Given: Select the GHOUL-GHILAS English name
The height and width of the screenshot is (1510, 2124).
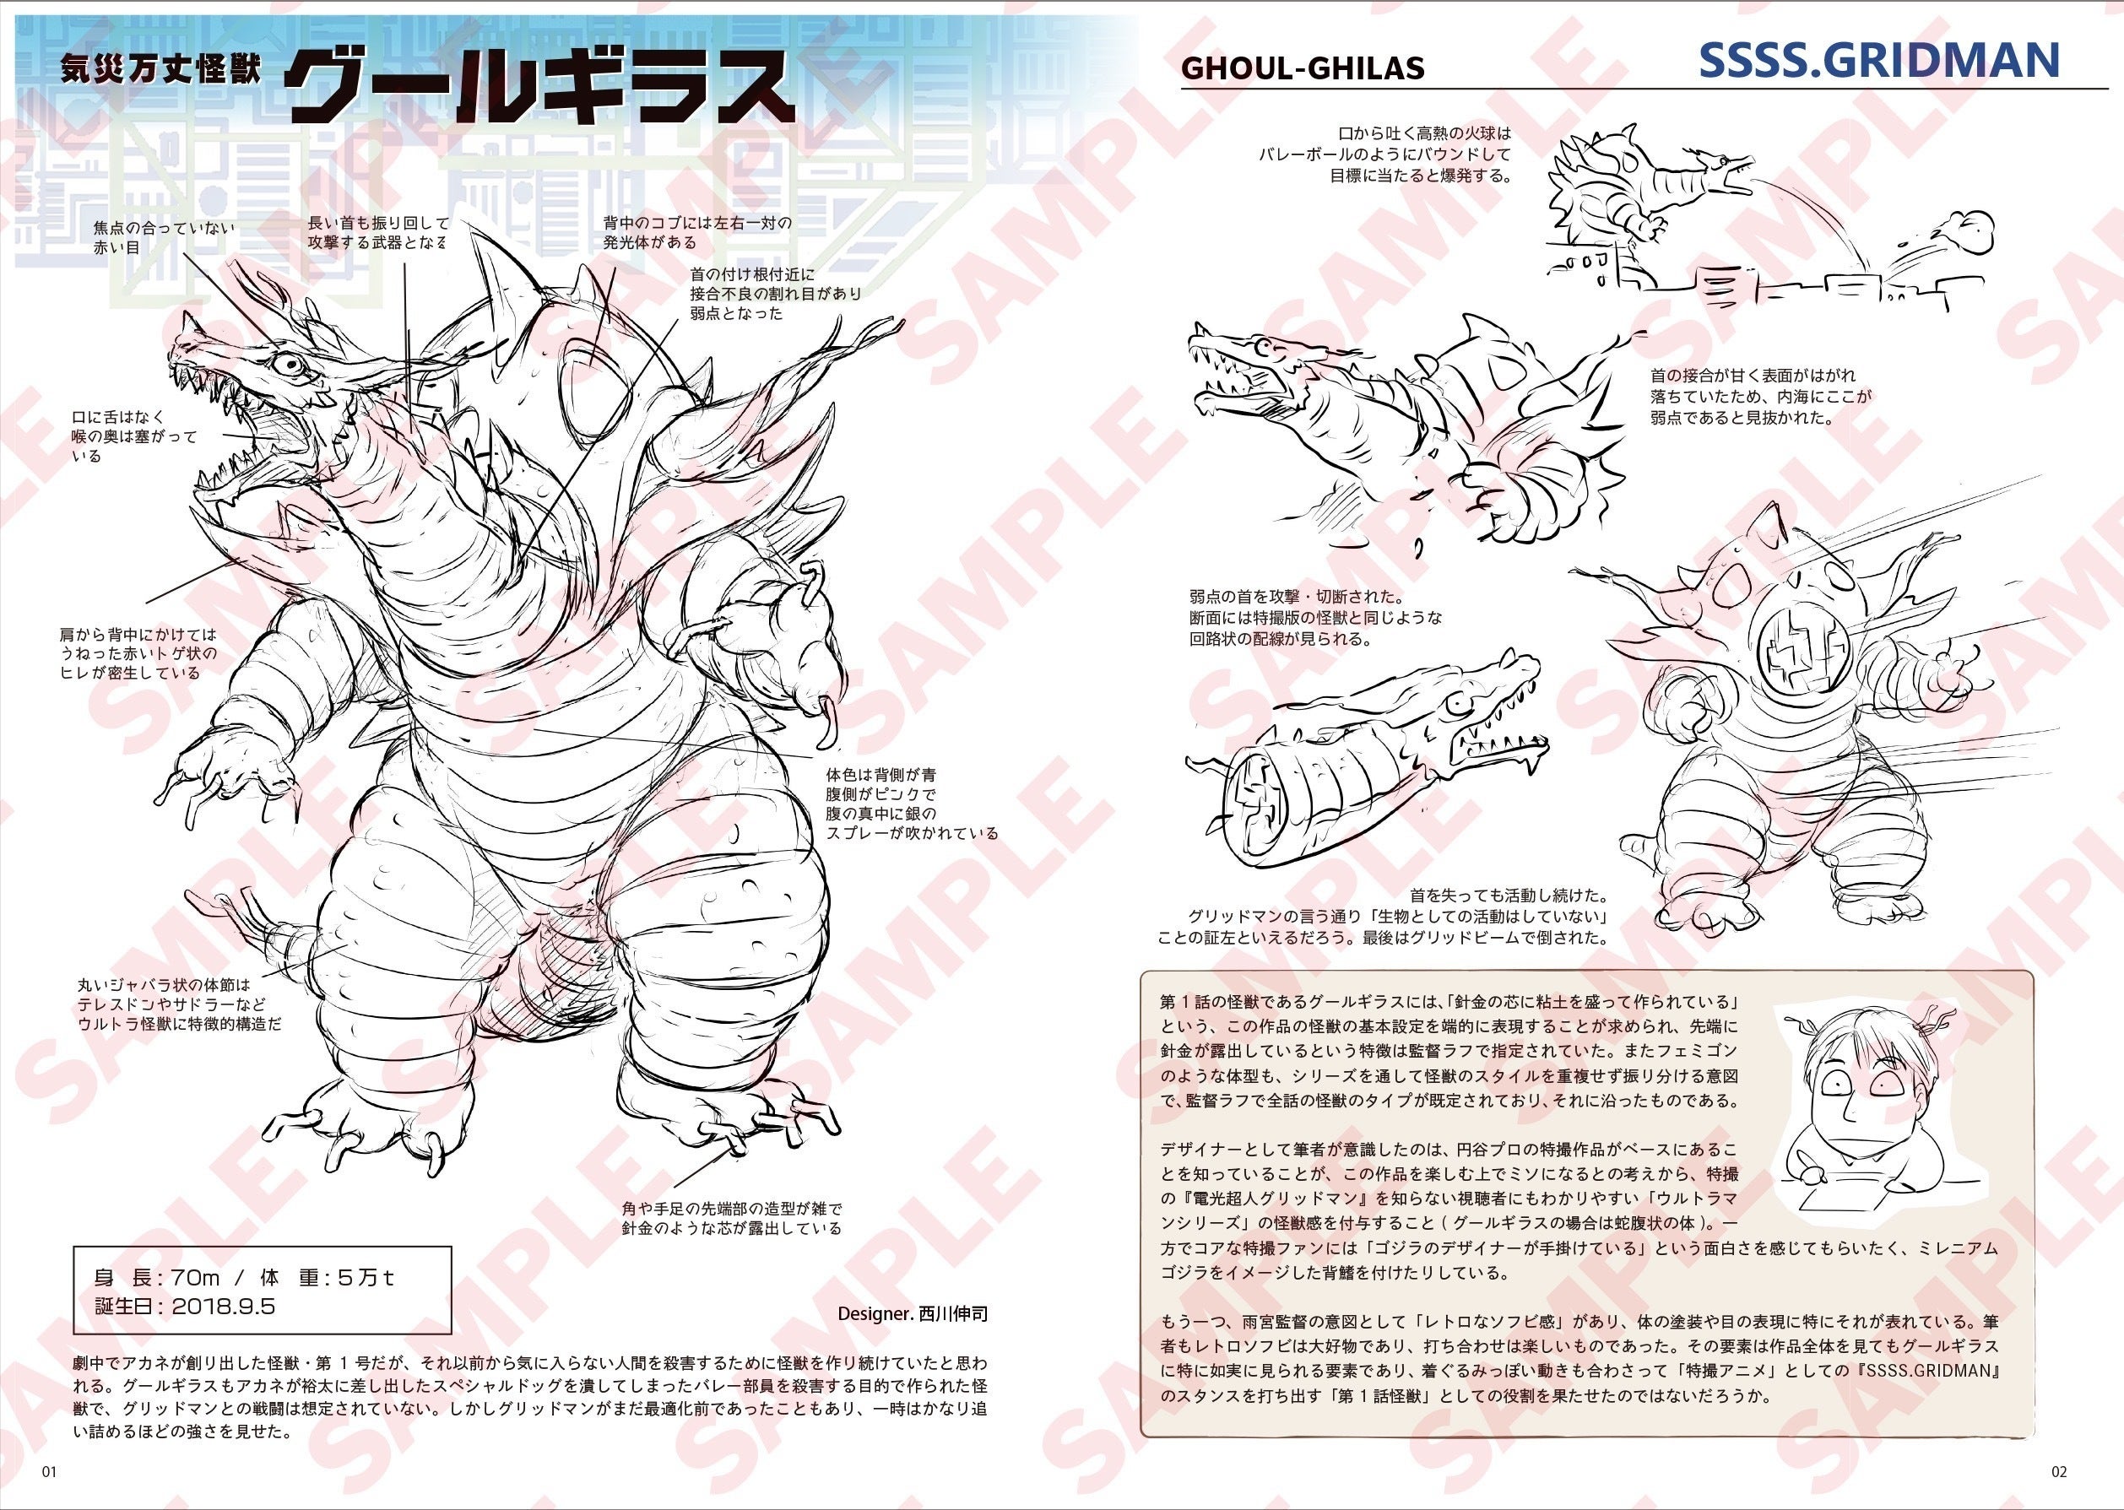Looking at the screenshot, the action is click(x=1302, y=68).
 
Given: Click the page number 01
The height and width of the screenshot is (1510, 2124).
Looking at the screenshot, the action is click(x=48, y=1472).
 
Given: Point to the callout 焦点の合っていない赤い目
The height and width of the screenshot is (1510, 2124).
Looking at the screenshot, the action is click(x=164, y=238).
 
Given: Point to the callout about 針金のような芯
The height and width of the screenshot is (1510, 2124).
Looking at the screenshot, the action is click(x=732, y=1218).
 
